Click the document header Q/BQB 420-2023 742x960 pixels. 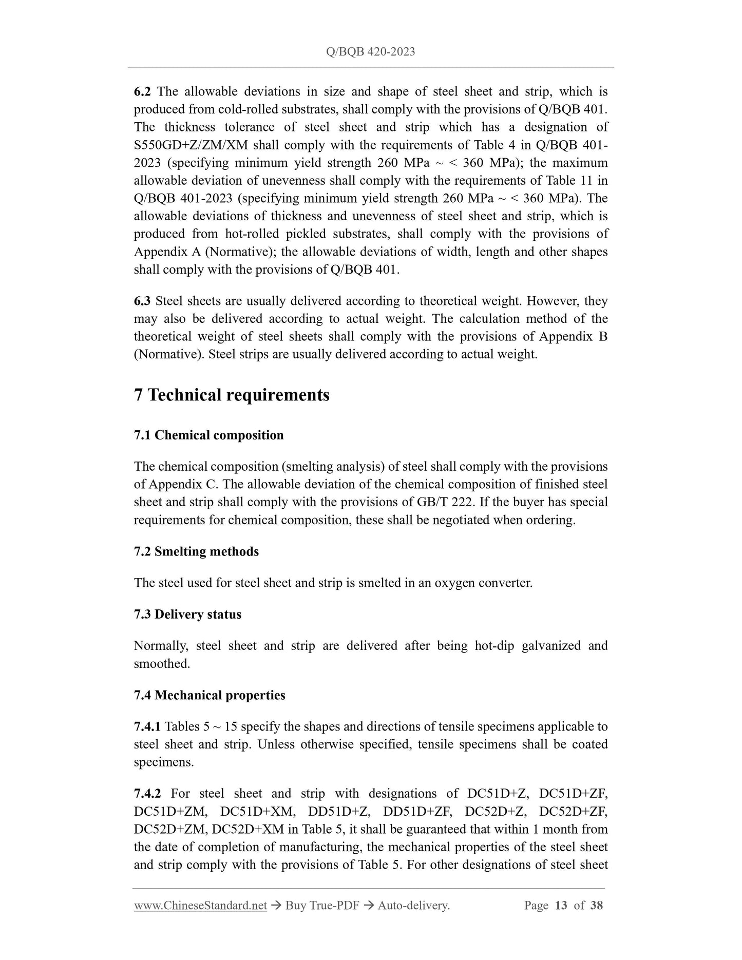pyautogui.click(x=370, y=52)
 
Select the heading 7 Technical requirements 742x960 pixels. pyautogui.click(x=232, y=395)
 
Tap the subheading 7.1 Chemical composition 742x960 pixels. pyautogui.click(x=208, y=435)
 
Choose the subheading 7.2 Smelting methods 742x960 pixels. pyautogui.click(x=196, y=551)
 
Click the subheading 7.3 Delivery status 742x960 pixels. pyautogui.click(x=187, y=615)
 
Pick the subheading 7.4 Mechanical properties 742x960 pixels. pyautogui.click(x=210, y=695)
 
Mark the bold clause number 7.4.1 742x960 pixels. pyautogui.click(x=147, y=726)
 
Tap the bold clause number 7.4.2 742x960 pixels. pyautogui.click(x=147, y=794)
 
